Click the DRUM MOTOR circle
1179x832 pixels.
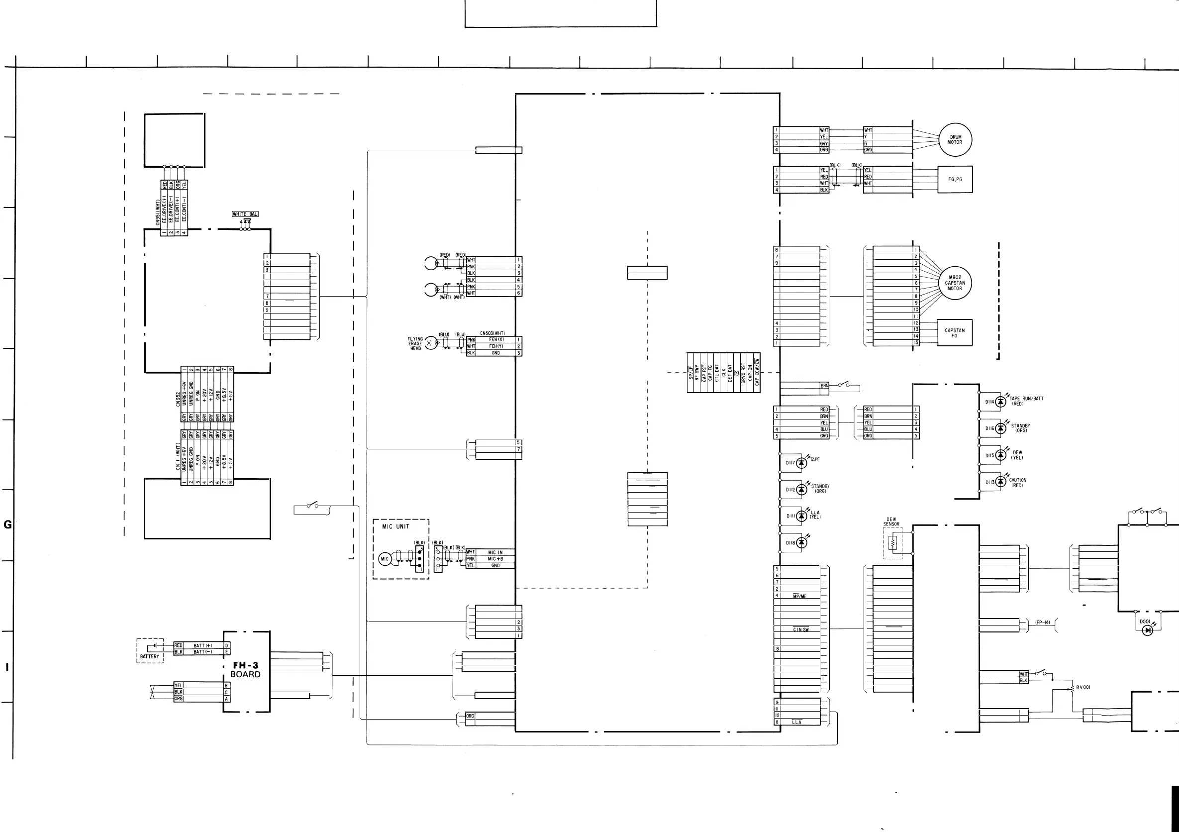click(x=955, y=140)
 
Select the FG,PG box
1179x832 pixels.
click(x=955, y=179)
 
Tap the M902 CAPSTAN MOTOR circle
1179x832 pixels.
click(x=955, y=283)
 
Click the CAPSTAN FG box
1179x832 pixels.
click(x=955, y=333)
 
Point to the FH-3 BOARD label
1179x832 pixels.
click(x=245, y=670)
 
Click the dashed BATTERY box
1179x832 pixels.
click(x=150, y=651)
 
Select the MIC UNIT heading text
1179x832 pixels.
click(x=396, y=526)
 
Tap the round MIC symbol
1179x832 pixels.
click(x=385, y=559)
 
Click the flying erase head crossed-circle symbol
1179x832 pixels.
click(x=431, y=343)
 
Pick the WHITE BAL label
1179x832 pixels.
click(x=245, y=214)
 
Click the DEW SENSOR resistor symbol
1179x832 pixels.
click(x=893, y=543)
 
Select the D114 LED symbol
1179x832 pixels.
click(x=1000, y=402)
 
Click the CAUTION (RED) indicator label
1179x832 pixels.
click(x=1017, y=483)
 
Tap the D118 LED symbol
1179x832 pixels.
click(x=801, y=543)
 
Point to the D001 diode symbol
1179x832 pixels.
click(x=1147, y=630)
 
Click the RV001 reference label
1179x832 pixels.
click(x=1083, y=687)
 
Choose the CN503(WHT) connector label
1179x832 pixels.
click(x=492, y=333)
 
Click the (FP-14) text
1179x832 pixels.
click(x=1042, y=623)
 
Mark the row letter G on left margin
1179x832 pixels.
click(x=7, y=524)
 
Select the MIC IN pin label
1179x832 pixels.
click(x=495, y=553)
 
